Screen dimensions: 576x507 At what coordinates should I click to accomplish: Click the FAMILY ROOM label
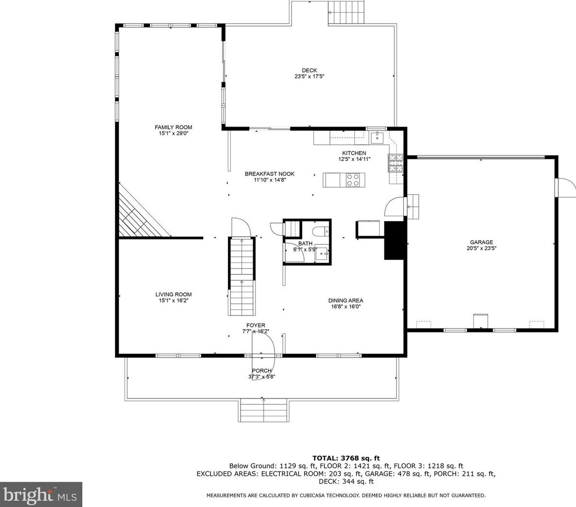pos(174,127)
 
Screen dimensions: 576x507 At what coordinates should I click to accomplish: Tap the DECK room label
pos(309,70)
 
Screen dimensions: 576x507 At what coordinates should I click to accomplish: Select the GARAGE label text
pos(481,242)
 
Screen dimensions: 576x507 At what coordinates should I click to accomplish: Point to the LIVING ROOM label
pos(174,294)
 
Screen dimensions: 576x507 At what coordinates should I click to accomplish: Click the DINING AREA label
pos(346,301)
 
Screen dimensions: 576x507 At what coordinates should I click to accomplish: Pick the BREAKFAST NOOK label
pos(270,174)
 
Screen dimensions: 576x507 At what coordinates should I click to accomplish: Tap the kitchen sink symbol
pos(377,138)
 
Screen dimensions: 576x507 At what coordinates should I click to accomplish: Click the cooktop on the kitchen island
pos(353,180)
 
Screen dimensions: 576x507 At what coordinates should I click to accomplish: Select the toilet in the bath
pos(319,231)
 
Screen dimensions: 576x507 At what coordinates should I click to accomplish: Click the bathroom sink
pos(322,253)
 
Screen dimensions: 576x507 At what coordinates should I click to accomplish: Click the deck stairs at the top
pos(346,12)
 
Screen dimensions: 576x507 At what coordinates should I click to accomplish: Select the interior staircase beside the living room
pos(242,276)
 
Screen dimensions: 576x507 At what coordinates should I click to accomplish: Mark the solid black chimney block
pos(395,241)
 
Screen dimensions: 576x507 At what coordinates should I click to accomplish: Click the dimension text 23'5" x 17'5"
pos(309,77)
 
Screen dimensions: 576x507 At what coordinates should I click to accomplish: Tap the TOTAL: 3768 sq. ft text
pos(346,458)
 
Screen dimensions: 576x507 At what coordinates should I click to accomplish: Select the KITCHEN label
pos(354,153)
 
